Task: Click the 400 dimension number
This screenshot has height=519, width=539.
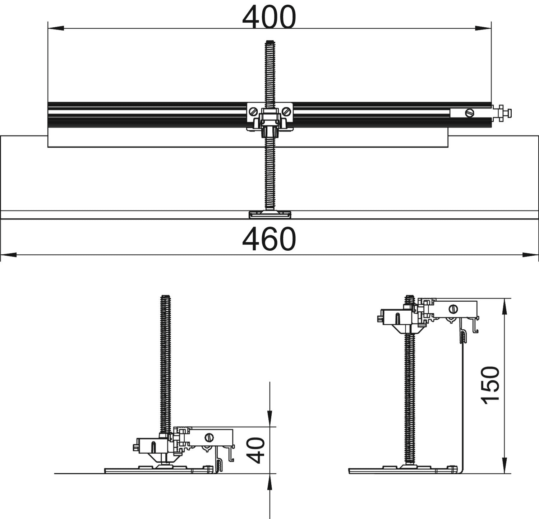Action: (269, 17)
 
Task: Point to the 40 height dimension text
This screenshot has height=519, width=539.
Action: (257, 451)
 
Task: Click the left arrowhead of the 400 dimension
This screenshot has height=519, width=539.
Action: (56, 28)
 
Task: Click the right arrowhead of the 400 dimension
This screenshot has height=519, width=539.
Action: (483, 28)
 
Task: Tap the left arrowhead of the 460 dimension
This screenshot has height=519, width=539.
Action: (9, 255)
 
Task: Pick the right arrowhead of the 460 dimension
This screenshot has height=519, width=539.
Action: (530, 255)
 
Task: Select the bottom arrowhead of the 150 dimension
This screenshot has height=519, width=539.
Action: (505, 465)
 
